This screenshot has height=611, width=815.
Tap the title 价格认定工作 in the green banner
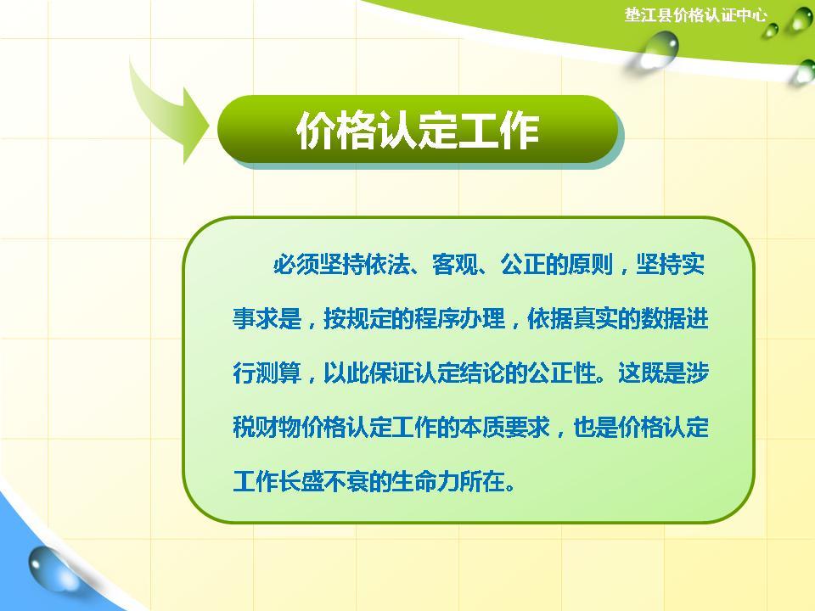(x=417, y=132)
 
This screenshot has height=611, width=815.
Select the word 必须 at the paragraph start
(x=295, y=265)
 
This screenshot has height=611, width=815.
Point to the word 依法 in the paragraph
(x=390, y=265)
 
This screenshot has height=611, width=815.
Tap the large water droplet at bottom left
(x=49, y=568)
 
